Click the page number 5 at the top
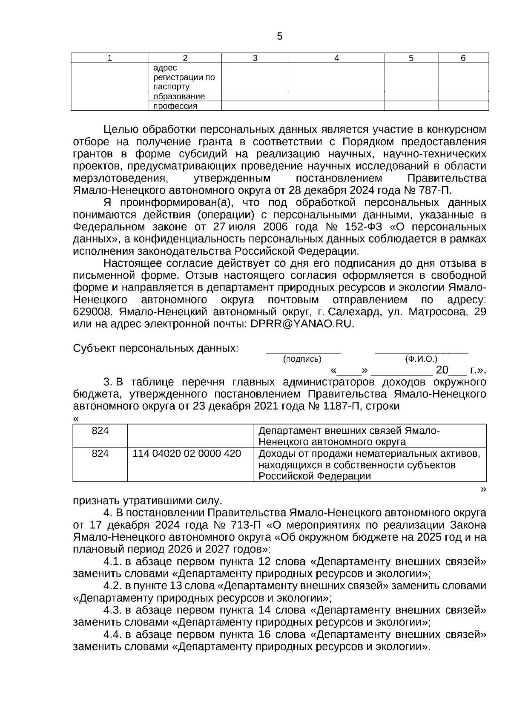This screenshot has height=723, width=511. click(x=279, y=37)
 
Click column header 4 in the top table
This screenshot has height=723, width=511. click(x=336, y=58)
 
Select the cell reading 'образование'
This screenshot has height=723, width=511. click(x=179, y=97)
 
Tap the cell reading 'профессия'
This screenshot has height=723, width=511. click(x=175, y=106)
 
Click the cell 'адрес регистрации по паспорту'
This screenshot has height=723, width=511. click(x=184, y=78)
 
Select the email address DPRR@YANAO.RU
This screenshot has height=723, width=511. click(x=302, y=324)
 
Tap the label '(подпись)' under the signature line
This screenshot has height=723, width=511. click(x=302, y=359)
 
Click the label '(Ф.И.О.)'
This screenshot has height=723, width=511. click(x=421, y=359)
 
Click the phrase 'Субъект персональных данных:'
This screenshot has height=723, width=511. click(x=155, y=348)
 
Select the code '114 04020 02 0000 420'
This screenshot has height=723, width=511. click(x=187, y=453)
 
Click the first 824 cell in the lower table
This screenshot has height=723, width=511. click(x=100, y=431)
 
